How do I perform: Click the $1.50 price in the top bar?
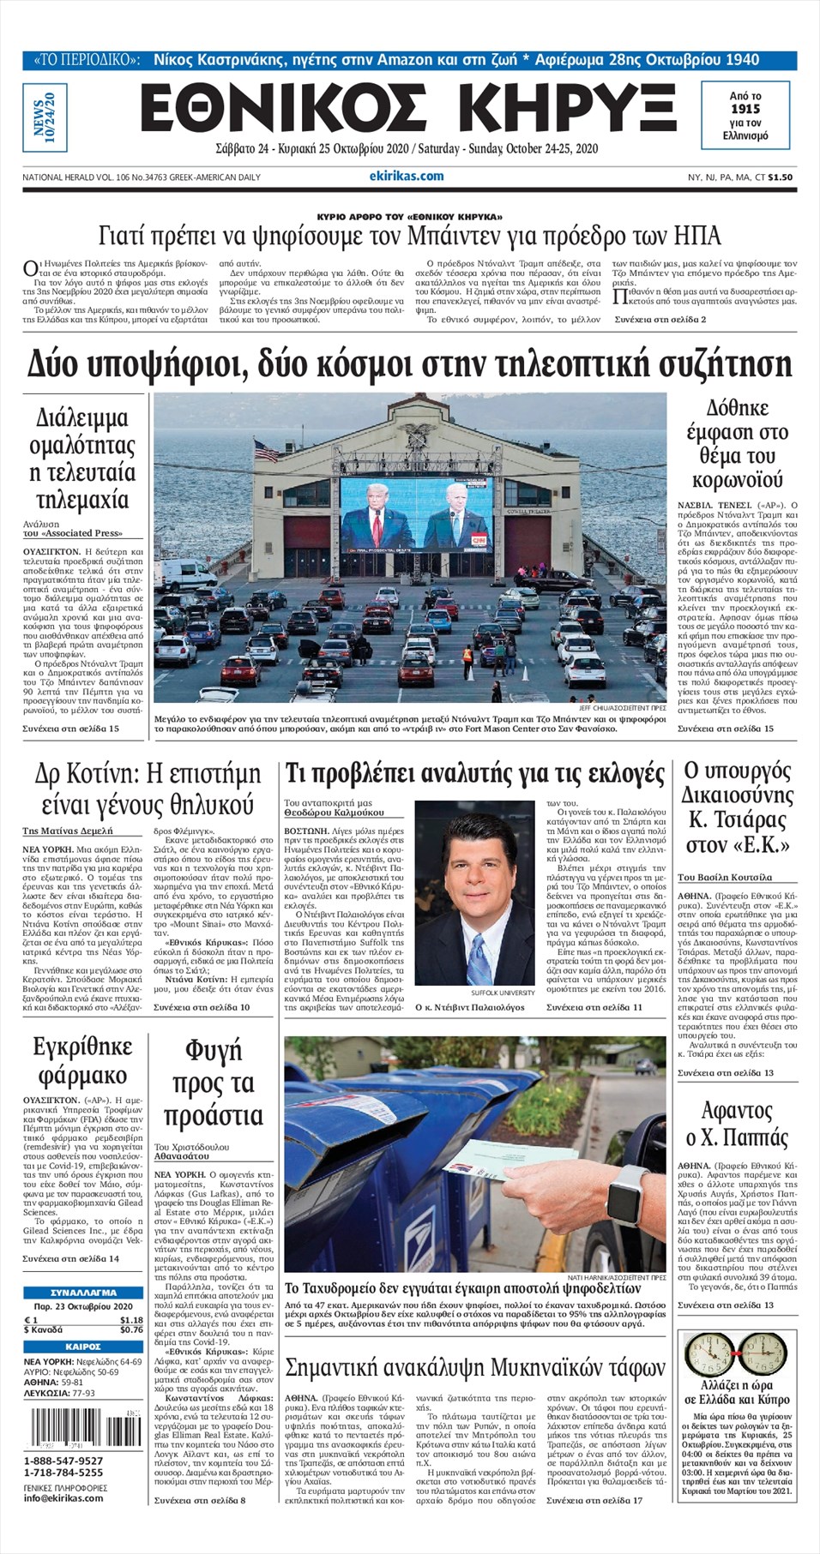click(780, 177)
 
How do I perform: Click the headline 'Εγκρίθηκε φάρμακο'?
click(82, 1061)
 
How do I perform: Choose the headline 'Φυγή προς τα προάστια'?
click(213, 1083)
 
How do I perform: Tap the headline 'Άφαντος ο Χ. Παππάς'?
click(736, 1124)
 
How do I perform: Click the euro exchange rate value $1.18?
click(131, 1320)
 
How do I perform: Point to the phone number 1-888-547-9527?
click(63, 1461)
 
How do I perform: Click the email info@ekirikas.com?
click(63, 1497)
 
